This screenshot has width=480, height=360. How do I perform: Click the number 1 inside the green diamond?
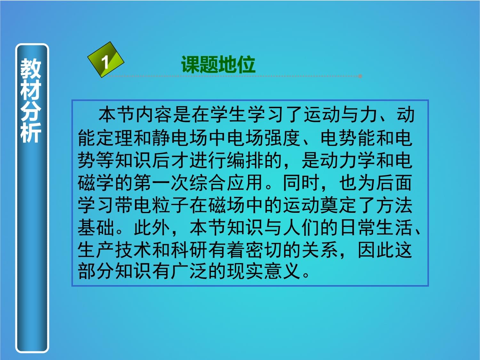(105, 62)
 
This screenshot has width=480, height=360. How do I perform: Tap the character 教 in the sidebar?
(31, 68)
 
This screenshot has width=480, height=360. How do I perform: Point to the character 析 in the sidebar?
(31, 132)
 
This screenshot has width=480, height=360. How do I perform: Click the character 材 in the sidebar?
(31, 90)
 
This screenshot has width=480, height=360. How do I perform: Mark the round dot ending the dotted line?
(360, 76)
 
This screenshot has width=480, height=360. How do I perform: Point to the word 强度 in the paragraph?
(283, 138)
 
